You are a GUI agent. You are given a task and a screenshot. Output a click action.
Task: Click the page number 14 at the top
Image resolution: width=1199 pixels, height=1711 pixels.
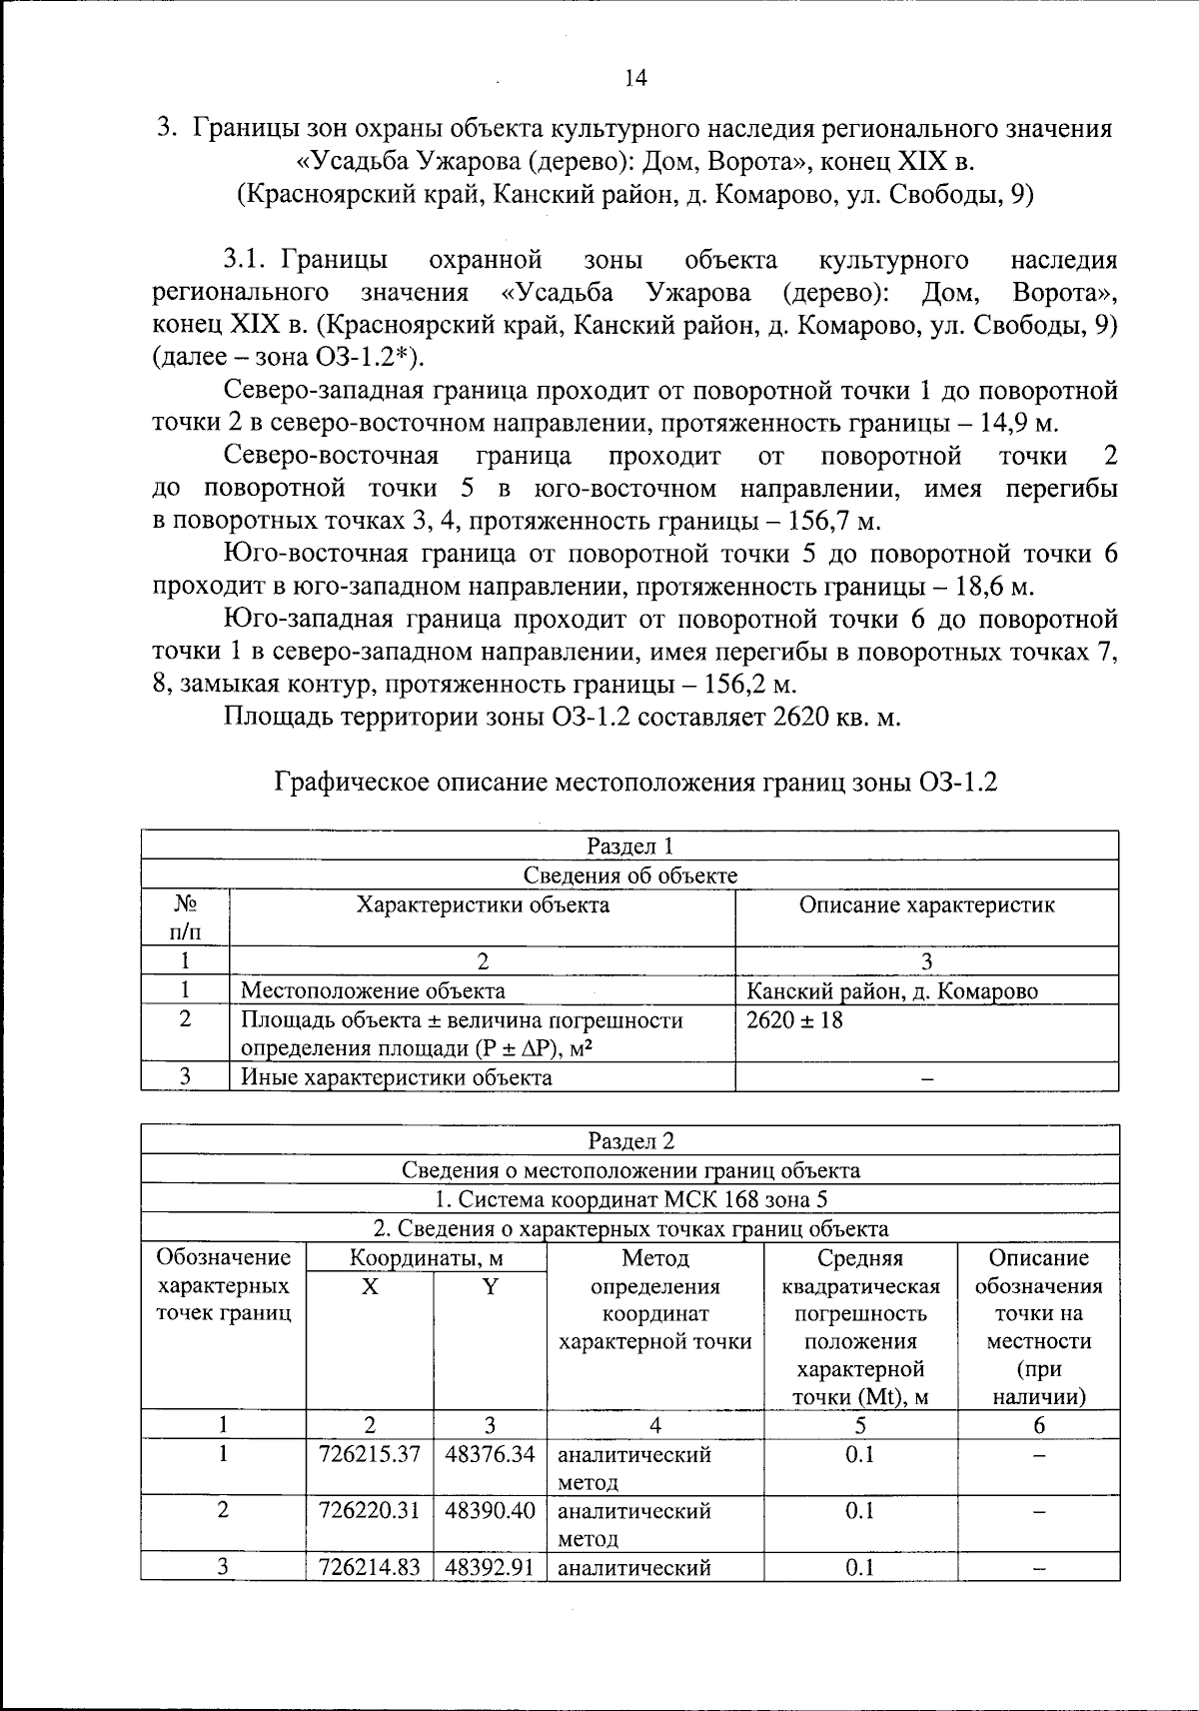point(635,77)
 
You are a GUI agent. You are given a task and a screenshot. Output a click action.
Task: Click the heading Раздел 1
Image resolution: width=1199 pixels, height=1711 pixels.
point(630,846)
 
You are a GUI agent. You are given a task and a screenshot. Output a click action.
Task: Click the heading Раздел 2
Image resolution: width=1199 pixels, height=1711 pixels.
point(630,1140)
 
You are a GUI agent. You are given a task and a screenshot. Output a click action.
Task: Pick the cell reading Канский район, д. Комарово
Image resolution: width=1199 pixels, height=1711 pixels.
point(892,991)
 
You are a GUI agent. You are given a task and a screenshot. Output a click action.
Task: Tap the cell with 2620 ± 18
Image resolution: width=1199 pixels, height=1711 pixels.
point(794,1020)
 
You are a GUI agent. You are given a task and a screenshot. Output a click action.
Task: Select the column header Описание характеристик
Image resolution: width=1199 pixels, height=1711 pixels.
point(926,905)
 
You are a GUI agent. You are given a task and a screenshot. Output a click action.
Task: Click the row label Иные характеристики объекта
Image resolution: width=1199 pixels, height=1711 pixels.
point(397,1077)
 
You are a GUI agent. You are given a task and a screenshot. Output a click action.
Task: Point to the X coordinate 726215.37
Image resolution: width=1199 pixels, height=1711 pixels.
point(369,1454)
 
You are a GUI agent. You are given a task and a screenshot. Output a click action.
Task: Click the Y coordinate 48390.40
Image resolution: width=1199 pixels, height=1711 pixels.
point(490,1511)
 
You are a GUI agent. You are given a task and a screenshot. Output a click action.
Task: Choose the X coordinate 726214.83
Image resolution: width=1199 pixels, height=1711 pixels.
point(369,1567)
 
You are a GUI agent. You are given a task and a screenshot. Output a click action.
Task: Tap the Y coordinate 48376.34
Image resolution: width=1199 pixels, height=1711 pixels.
point(490,1454)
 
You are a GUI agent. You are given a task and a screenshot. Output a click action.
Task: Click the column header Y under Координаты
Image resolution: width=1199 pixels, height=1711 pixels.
point(490,1287)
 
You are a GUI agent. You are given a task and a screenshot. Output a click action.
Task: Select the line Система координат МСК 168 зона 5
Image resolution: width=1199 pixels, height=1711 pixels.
point(630,1199)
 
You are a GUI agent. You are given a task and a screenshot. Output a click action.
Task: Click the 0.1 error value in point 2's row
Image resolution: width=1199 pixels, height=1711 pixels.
point(859,1511)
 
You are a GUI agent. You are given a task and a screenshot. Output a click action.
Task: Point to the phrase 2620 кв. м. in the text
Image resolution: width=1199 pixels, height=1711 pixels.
point(836,718)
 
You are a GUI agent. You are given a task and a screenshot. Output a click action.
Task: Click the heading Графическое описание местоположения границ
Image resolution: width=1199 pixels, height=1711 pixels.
point(636,783)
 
